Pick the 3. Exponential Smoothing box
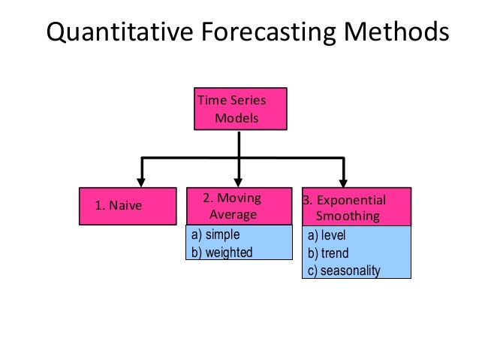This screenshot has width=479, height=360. [x=356, y=205]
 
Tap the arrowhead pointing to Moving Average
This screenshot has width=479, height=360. [x=239, y=177]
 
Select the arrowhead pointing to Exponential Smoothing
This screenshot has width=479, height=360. [x=345, y=177]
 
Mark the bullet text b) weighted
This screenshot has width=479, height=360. [x=222, y=252]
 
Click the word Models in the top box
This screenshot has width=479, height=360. [x=236, y=119]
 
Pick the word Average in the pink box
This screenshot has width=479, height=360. [x=232, y=215]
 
